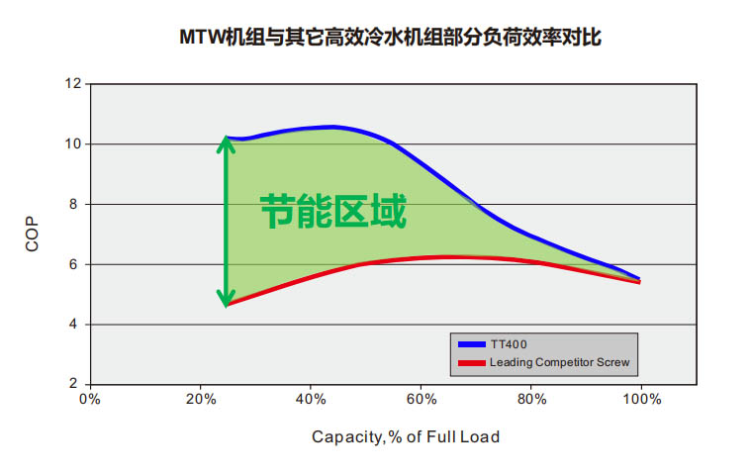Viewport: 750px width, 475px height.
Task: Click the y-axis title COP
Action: [33, 235]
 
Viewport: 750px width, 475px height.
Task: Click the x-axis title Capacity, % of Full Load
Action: [406, 436]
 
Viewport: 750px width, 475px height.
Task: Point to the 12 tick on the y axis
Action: [72, 84]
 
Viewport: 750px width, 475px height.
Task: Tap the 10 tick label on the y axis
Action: [72, 144]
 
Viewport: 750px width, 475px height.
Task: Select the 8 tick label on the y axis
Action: [76, 205]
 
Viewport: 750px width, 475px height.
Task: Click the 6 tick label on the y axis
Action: [76, 264]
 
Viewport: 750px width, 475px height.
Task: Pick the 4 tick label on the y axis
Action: [76, 325]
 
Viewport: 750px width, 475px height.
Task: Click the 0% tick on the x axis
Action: [89, 400]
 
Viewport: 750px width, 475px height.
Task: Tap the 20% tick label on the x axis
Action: [200, 400]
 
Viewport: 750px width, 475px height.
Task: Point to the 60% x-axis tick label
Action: [421, 400]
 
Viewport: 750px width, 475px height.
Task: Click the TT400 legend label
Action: [509, 344]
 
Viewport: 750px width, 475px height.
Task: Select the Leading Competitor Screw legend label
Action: [559, 362]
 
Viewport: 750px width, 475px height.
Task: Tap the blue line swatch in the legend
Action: [471, 344]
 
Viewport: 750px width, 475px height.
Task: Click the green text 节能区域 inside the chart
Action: [333, 212]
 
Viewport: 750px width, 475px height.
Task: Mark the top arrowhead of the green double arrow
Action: [227, 143]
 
